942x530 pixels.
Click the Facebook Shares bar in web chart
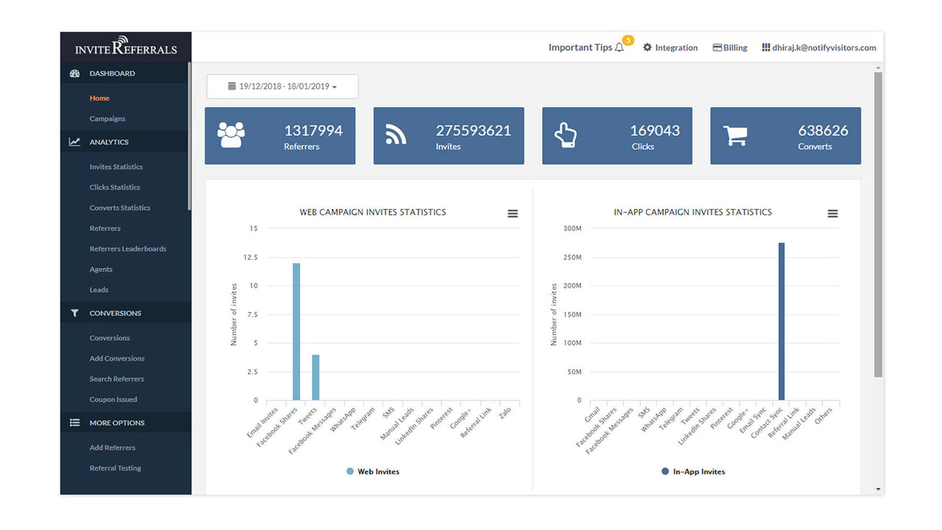296,332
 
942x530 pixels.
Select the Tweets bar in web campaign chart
316,378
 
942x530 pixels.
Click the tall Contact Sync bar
781,322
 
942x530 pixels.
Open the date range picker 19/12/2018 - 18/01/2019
283,86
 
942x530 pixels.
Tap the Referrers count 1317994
314,130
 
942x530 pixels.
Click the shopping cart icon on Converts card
735,135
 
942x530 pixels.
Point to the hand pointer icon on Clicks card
565,135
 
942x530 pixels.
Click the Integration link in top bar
670,48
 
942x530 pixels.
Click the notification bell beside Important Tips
619,48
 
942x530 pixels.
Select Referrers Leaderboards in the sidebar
128,249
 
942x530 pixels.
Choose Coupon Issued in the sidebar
113,400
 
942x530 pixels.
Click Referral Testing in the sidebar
116,468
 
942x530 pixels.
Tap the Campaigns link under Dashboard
107,119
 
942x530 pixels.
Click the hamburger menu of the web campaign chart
513,213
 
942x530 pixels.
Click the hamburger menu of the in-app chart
832,213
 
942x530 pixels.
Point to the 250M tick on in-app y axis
571,258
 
